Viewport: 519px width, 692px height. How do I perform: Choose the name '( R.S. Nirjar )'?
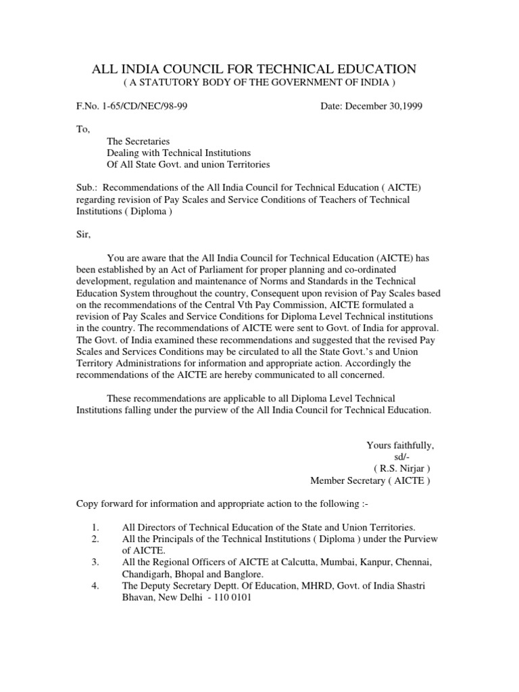tap(401, 468)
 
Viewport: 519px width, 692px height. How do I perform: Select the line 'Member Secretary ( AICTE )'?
tap(369, 480)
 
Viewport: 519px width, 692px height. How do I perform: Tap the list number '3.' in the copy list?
tap(95, 562)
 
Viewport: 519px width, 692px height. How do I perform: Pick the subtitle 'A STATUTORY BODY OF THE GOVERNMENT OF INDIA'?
tap(259, 82)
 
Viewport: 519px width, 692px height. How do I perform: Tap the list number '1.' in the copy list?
tap(95, 527)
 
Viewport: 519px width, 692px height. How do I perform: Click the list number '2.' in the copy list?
tap(95, 539)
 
